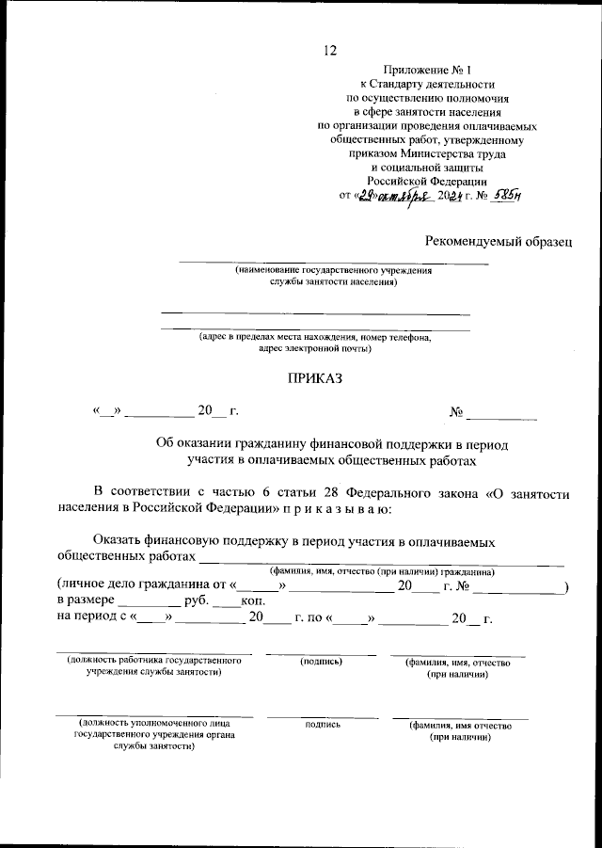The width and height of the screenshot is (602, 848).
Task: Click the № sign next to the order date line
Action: [x=458, y=411]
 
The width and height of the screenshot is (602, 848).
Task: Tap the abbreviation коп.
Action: [x=253, y=600]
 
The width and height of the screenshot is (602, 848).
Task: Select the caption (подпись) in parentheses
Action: [x=320, y=662]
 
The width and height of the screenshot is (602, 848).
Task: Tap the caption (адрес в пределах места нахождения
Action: [x=314, y=337]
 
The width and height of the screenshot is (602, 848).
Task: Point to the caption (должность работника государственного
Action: [x=154, y=661]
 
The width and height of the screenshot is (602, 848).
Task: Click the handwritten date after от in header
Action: [x=392, y=196]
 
